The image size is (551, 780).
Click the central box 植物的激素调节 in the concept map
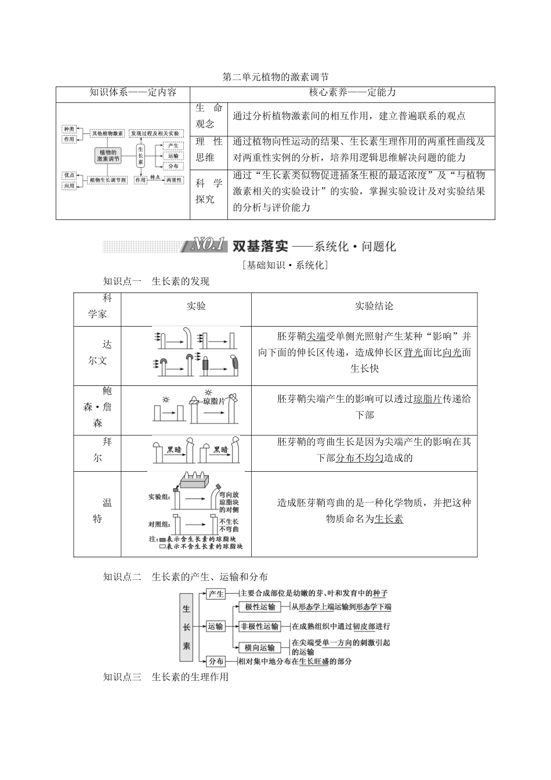click(108, 156)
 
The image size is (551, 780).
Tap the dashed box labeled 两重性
click(173, 180)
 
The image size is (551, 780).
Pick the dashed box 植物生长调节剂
click(108, 180)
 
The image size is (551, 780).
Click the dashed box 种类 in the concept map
click(69, 129)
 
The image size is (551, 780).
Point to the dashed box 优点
click(69, 175)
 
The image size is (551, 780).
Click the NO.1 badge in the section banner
click(207, 245)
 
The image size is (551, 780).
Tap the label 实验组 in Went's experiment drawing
click(159, 497)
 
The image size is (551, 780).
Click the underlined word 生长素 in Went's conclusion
click(389, 519)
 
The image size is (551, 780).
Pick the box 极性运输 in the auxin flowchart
click(260, 607)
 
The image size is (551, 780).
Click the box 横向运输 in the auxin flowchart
click(260, 648)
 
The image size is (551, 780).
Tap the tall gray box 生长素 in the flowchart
click(187, 627)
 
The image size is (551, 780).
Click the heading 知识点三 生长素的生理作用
click(166, 677)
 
